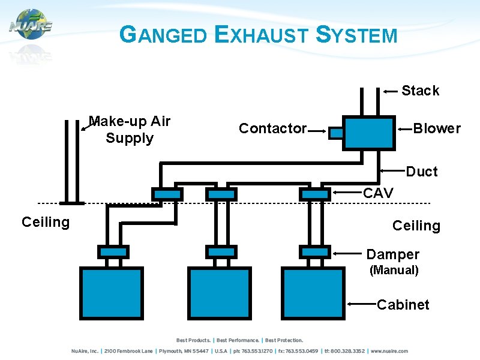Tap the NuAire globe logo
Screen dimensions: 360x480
[x=30, y=25]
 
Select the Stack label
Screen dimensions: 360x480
[x=420, y=91]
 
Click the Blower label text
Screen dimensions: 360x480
[x=437, y=128]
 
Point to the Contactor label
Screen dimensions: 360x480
[x=272, y=128]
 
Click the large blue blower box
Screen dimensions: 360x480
[x=369, y=133]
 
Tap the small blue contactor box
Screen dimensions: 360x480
[x=337, y=133]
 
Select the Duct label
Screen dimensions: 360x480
[x=422, y=172]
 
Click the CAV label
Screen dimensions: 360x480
[x=379, y=193]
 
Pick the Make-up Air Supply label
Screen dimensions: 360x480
[x=130, y=130]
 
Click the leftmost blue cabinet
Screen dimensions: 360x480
[x=112, y=293]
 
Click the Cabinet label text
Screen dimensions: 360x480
[x=403, y=305]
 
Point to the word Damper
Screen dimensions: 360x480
[x=392, y=254]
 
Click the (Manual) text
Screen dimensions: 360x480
[x=394, y=270]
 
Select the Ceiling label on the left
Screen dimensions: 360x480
[x=46, y=223]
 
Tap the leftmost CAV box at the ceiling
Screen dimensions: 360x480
[x=167, y=194]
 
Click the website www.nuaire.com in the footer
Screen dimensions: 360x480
[x=389, y=351]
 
